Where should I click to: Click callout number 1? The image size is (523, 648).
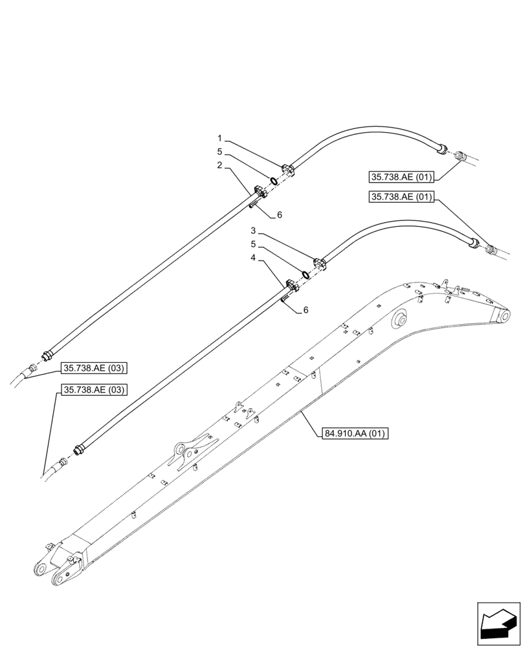(220, 138)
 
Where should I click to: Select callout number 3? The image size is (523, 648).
(254, 231)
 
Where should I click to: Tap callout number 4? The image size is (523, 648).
(254, 258)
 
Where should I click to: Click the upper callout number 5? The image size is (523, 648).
(220, 151)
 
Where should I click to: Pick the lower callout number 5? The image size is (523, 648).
(254, 244)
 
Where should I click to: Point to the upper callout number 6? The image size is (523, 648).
(279, 214)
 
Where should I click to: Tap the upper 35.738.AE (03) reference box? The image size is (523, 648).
(94, 369)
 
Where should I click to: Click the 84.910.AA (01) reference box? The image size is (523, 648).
(353, 434)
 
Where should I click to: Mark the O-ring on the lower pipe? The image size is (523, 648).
(304, 272)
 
